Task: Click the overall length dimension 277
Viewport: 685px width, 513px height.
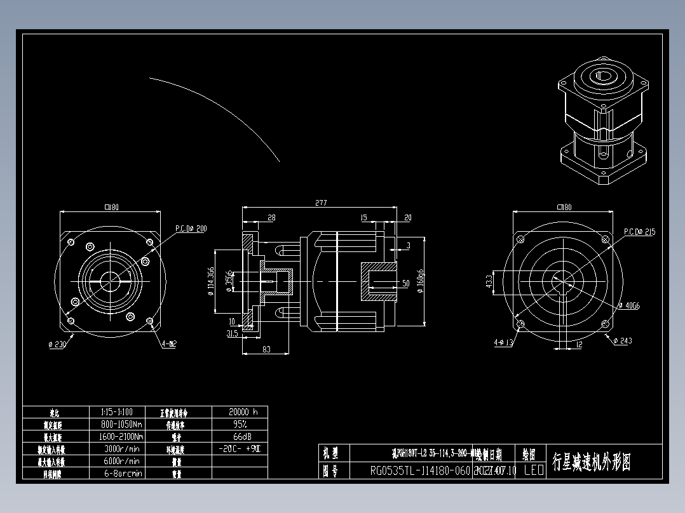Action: tap(320, 203)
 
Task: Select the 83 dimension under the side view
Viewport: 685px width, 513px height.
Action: tap(266, 349)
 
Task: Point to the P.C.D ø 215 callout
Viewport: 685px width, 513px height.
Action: tap(639, 232)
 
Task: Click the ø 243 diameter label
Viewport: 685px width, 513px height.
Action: tap(622, 341)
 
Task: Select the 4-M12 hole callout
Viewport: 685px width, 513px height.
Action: tap(169, 343)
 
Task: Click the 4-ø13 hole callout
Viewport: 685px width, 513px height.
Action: tap(503, 343)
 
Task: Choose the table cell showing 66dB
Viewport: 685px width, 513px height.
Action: tap(240, 437)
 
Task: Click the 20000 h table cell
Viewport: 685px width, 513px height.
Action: tap(240, 412)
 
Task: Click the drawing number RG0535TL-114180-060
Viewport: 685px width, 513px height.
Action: tap(420, 471)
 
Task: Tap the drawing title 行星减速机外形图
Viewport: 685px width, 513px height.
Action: tap(592, 462)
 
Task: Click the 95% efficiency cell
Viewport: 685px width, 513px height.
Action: tap(240, 424)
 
